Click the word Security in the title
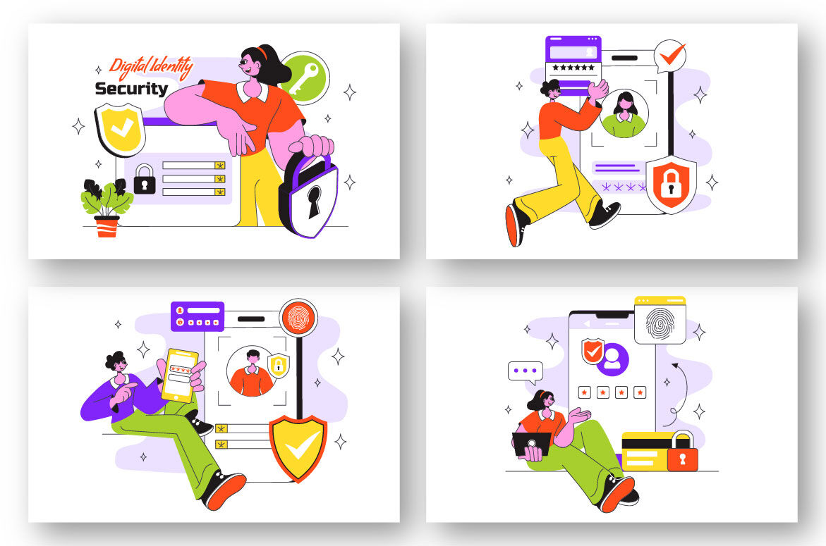click(x=132, y=89)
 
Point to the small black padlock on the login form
click(x=145, y=180)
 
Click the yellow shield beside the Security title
click(x=120, y=130)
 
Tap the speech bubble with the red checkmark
click(x=670, y=55)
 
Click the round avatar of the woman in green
click(x=624, y=113)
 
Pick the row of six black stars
click(x=573, y=68)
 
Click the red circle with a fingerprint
click(x=298, y=316)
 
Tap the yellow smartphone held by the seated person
click(x=180, y=375)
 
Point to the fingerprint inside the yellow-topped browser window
click(x=660, y=323)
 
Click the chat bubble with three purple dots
click(x=525, y=371)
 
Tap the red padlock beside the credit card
click(x=682, y=452)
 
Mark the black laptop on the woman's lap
click(x=532, y=443)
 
